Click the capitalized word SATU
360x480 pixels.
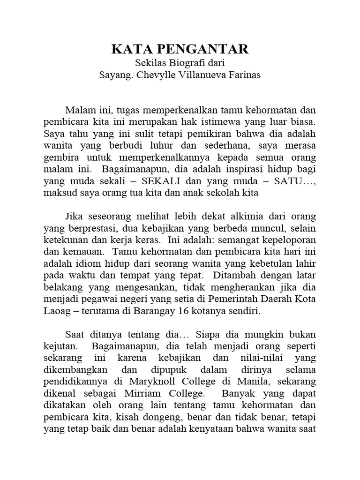[286, 180]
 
